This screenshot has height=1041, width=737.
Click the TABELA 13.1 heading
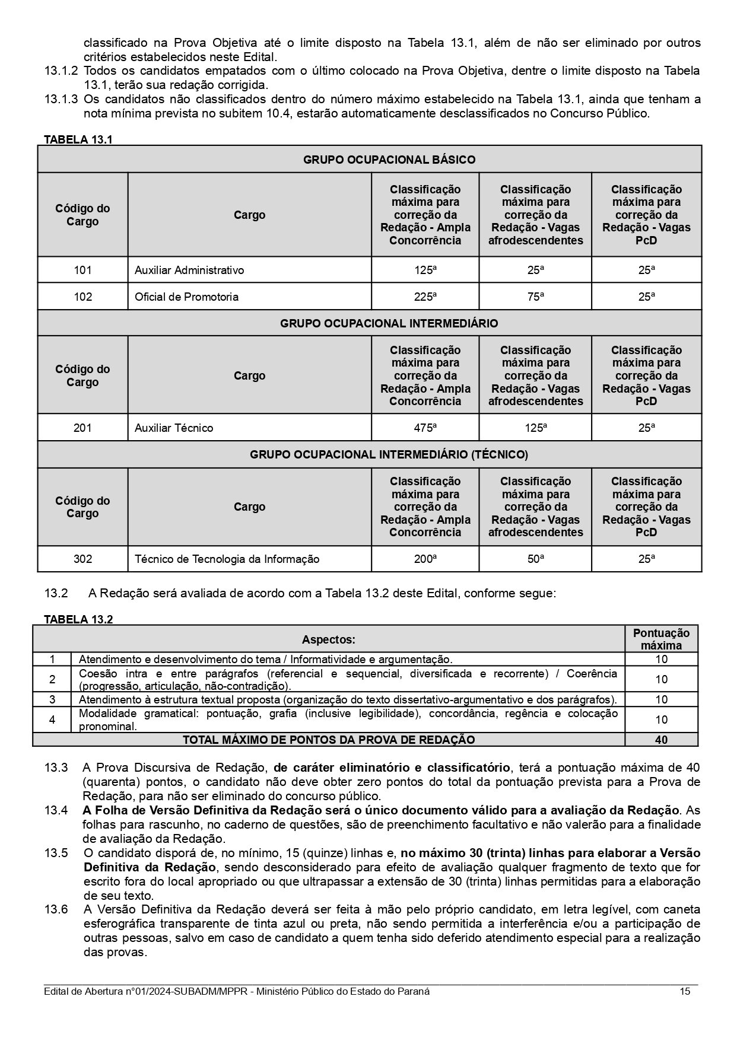[78, 140]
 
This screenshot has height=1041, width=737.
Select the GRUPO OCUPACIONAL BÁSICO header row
[389, 160]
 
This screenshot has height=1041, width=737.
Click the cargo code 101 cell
[82, 270]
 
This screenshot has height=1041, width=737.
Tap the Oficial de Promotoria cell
[186, 297]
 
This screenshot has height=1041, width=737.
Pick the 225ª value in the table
[425, 297]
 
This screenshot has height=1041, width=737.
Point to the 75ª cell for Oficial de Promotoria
[535, 297]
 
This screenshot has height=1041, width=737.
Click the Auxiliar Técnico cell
[174, 428]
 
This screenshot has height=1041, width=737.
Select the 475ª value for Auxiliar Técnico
[425, 428]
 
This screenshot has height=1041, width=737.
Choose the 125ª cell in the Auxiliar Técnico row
[535, 428]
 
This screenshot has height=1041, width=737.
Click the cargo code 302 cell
[82, 559]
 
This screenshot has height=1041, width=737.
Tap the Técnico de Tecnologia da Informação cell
[227, 559]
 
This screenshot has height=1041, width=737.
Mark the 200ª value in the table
[425, 559]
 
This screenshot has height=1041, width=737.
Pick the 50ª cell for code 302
[535, 559]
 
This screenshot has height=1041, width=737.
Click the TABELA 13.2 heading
[78, 620]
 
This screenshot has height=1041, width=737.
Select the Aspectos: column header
[328, 639]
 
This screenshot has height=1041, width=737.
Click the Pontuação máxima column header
[661, 639]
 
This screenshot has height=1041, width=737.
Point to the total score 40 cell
[661, 740]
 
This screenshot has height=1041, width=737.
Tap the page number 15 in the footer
[685, 992]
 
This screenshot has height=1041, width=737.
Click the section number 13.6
[56, 909]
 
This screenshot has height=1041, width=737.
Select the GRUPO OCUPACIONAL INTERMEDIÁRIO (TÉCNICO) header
[389, 455]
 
